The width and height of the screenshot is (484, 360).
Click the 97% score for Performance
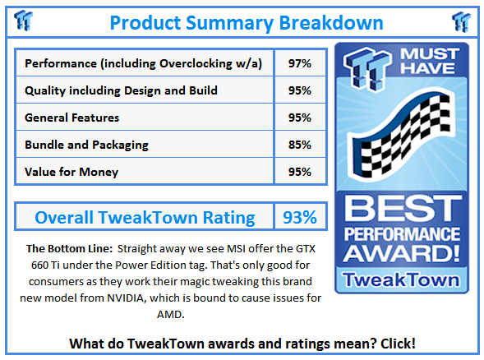299,63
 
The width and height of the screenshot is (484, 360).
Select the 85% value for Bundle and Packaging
299,145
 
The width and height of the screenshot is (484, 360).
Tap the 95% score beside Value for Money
299,172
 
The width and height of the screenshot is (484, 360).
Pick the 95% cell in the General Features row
299,118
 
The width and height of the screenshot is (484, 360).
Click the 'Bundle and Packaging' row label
86,145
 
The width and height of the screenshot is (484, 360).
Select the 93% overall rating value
299,217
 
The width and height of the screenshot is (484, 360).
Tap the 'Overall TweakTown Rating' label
145,217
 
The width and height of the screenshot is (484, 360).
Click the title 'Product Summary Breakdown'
247,21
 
